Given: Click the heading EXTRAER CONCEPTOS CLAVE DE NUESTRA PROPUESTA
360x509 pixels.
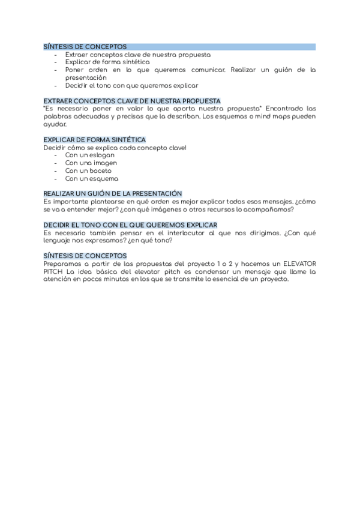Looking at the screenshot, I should click(132, 101).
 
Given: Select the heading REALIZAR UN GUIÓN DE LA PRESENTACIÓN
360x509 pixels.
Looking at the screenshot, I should click(112, 194).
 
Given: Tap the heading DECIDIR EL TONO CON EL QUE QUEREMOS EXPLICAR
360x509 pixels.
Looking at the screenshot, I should click(130, 225).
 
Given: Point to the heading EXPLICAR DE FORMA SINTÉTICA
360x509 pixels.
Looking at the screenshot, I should click(94, 140).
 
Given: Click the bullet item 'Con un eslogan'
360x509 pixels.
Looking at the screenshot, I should click(89, 155).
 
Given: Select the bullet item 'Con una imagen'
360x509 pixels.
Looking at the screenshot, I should click(91, 163).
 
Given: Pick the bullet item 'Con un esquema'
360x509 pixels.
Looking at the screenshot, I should click(91, 179).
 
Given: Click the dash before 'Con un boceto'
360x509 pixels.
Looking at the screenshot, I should click(56, 171).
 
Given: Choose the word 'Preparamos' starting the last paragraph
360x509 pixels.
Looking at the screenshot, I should click(63, 264).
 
